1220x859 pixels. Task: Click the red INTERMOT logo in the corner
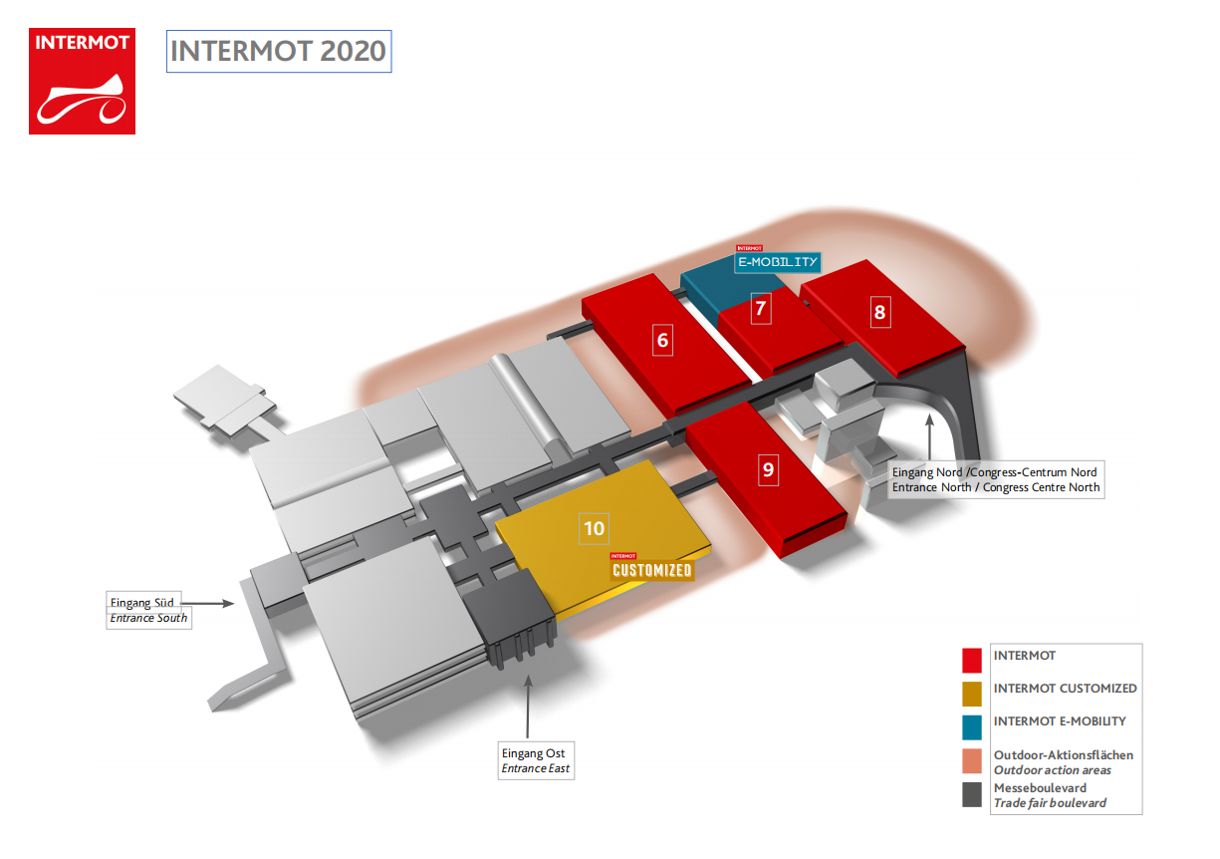click(x=82, y=81)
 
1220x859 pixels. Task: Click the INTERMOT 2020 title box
click(x=278, y=51)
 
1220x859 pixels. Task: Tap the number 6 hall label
click(x=662, y=341)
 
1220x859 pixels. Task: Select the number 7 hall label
click(x=760, y=308)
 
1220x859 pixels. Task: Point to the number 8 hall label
click(x=879, y=313)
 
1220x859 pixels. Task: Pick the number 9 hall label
click(x=767, y=469)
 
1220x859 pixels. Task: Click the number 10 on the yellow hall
click(x=595, y=528)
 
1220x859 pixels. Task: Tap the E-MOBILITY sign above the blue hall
click(x=778, y=261)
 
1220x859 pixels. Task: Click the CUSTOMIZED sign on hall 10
click(x=651, y=569)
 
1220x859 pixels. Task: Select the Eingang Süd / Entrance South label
click(x=148, y=610)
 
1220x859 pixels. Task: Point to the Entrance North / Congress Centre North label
click(x=995, y=479)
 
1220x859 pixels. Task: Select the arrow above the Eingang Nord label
click(x=929, y=437)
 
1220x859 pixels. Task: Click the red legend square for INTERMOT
click(x=973, y=660)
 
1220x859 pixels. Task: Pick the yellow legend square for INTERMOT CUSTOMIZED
click(x=973, y=693)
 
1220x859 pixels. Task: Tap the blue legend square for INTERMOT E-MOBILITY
click(x=973, y=725)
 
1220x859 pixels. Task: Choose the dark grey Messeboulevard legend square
click(x=973, y=794)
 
